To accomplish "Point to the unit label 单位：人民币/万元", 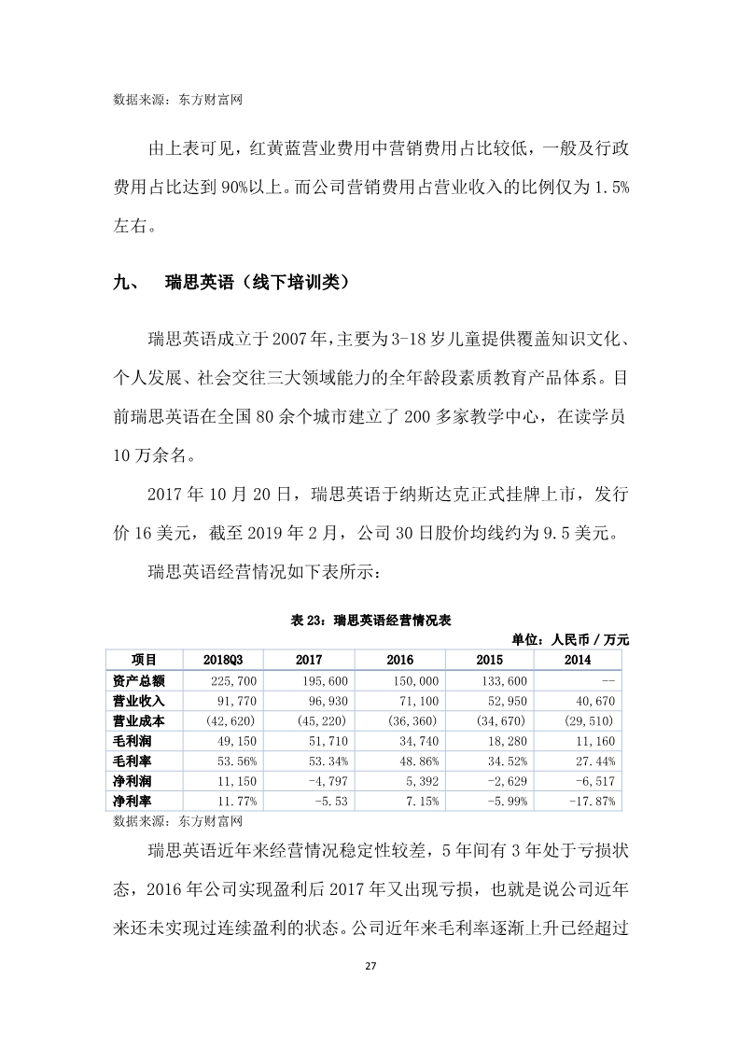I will click(570, 639).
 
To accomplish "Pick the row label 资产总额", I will click(138, 681).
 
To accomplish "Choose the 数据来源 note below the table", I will click(176, 821).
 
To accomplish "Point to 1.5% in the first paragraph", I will click(606, 187).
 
